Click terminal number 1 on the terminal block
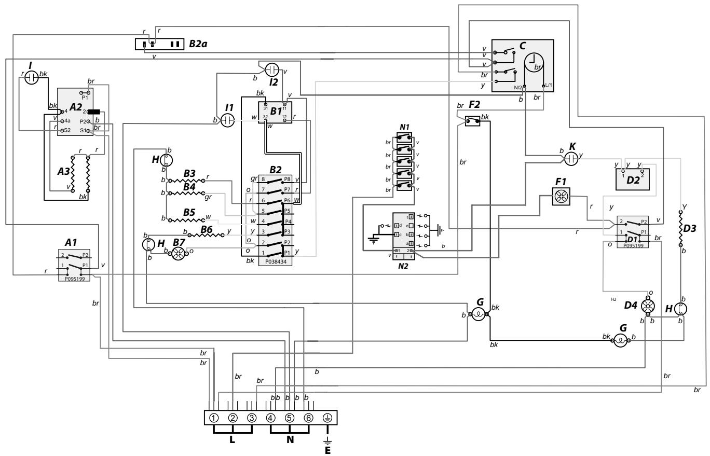[213, 418]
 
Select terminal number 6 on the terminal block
[308, 418]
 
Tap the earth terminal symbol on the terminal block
[327, 418]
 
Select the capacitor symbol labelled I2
[272, 69]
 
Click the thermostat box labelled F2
[472, 122]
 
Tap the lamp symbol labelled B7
[179, 251]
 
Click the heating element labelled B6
[204, 235]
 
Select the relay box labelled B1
[275, 113]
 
